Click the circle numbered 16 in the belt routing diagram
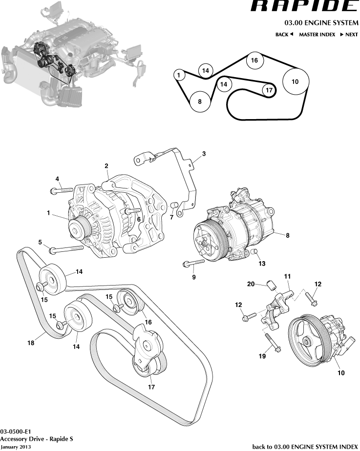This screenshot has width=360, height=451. tap(254, 61)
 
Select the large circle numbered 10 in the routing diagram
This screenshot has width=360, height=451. tap(295, 82)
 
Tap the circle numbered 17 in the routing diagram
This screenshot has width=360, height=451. tap(268, 90)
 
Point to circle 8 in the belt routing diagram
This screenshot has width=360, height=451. tap(200, 102)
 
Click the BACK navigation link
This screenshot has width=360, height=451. tap(284, 35)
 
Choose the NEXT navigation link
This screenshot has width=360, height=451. tap(349, 35)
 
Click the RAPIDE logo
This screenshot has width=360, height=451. tap(304, 6)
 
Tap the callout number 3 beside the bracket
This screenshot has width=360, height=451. tap(204, 154)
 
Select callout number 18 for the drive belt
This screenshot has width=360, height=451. tap(31, 343)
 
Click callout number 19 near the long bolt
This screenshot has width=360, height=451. tap(262, 356)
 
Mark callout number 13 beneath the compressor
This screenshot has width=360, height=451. tap(262, 264)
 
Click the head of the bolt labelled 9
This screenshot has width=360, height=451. tap(186, 264)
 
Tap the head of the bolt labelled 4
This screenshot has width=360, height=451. tap(52, 191)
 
